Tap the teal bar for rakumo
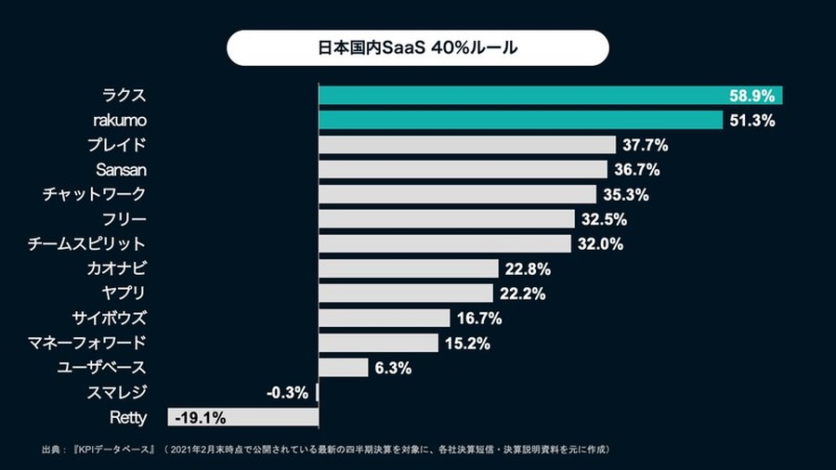[520, 120]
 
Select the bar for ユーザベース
[344, 368]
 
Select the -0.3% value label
[287, 393]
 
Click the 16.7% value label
[479, 319]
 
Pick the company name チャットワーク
[94, 194]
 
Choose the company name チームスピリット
[88, 244]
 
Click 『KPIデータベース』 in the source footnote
[112, 450]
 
